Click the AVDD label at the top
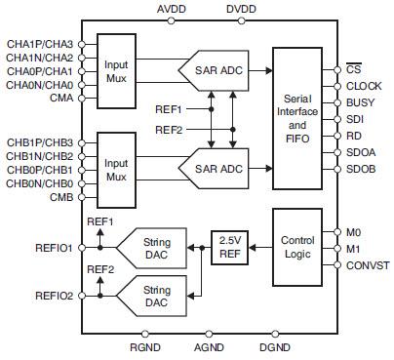pos(173,9)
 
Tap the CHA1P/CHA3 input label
pos(39,43)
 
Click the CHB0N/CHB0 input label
pos(39,183)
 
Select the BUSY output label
pos(360,101)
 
